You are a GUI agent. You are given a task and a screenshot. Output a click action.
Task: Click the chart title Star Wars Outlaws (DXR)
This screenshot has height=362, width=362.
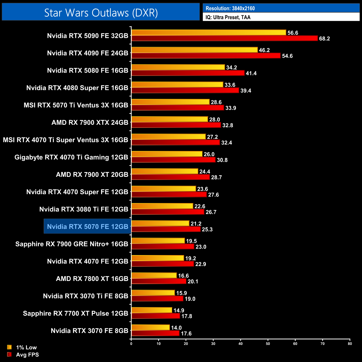tap(101, 13)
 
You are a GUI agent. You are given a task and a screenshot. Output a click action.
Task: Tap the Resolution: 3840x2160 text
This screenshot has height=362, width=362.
tap(230, 8)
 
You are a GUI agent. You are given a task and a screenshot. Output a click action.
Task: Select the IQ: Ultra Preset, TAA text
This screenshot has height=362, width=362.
tap(228, 17)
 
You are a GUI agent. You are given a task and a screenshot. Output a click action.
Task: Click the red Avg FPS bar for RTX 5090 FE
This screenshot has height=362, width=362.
tap(224, 38)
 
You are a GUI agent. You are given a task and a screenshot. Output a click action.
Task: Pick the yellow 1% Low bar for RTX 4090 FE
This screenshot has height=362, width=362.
tap(194, 50)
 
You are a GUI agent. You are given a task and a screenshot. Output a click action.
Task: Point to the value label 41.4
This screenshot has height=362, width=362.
tap(251, 73)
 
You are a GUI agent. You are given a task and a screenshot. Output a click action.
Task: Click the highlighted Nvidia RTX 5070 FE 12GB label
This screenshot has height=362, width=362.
tap(87, 227)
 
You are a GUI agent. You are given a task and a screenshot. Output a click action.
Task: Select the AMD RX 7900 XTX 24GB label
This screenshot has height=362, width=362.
tap(90, 123)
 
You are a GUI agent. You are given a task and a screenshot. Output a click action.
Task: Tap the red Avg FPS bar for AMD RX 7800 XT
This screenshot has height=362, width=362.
tap(159, 281)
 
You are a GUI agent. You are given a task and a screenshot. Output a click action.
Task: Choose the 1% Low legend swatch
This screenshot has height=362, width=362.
tap(9, 347)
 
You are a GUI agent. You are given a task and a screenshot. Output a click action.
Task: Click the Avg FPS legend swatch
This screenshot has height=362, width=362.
tap(9, 354)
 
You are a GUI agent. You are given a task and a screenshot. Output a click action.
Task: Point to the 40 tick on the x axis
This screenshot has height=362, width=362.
tap(241, 343)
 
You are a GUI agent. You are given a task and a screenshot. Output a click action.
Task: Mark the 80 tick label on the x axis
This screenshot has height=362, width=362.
tap(350, 343)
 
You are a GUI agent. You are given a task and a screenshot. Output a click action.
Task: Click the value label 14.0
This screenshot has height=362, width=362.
tap(176, 328)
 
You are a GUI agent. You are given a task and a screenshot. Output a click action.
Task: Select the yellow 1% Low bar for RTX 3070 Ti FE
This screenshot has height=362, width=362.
tap(153, 293)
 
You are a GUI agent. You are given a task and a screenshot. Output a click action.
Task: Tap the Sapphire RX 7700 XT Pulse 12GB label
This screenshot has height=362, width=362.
tap(75, 313)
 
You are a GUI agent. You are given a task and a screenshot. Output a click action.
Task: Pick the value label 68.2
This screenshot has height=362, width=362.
tap(324, 38)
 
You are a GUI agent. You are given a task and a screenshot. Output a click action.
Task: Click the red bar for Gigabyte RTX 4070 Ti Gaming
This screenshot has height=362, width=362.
tap(173, 160)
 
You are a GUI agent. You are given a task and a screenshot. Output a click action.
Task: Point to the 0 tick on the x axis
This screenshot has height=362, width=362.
tap(131, 343)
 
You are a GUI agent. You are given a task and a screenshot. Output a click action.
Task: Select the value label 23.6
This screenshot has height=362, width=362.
tap(202, 189)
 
